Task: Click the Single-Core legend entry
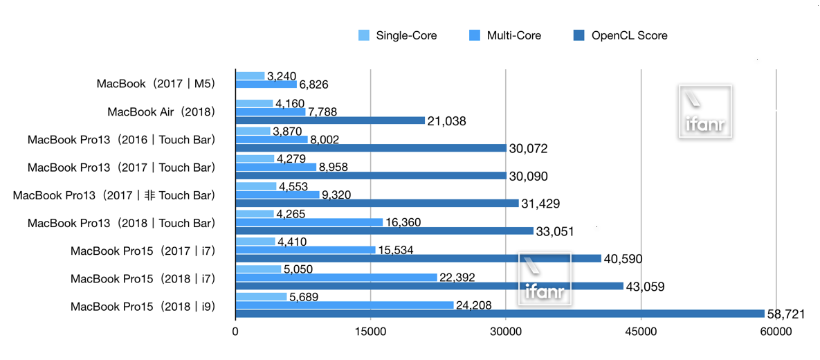397,35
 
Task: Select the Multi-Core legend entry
504,35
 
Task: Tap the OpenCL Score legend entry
619,35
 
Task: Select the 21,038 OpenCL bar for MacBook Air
330,120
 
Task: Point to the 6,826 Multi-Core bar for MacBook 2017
266,84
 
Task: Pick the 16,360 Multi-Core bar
309,222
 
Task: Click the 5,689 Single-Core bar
261,297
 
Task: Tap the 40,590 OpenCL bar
418,258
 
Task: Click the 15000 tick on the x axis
370,332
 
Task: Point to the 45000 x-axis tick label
641,332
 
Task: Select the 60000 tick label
776,332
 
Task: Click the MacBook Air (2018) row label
162,112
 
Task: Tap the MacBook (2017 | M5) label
156,84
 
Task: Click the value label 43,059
646,286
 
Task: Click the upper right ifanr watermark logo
704,112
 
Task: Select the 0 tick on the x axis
235,332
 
